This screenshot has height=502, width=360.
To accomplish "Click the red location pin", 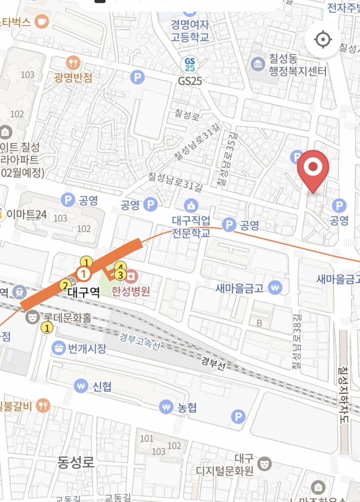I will pyautogui.click(x=313, y=169).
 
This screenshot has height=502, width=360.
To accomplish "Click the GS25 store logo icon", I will pyautogui.click(x=190, y=64).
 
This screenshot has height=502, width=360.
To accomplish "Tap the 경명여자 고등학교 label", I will pyautogui.click(x=189, y=31).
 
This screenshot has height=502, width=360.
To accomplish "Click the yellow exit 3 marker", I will pyautogui.click(x=120, y=274).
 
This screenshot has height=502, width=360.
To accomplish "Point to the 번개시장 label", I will pyautogui.click(x=86, y=348).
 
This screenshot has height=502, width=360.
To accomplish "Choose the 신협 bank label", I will pyautogui.click(x=102, y=386).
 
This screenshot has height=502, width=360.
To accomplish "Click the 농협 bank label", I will pyautogui.click(x=187, y=408).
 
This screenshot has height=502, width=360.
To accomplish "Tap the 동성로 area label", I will pyautogui.click(x=76, y=462).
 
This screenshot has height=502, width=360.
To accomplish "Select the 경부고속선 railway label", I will pyautogui.click(x=140, y=342).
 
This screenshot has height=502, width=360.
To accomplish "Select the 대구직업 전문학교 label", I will pyautogui.click(x=191, y=227).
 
